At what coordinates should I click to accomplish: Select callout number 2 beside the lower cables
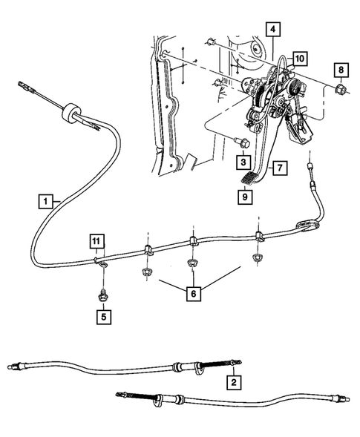click(235, 382)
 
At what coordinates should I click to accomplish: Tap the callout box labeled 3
click(243, 160)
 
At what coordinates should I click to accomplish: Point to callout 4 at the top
click(273, 30)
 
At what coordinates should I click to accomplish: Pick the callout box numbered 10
click(298, 58)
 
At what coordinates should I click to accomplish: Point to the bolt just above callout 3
click(240, 140)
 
